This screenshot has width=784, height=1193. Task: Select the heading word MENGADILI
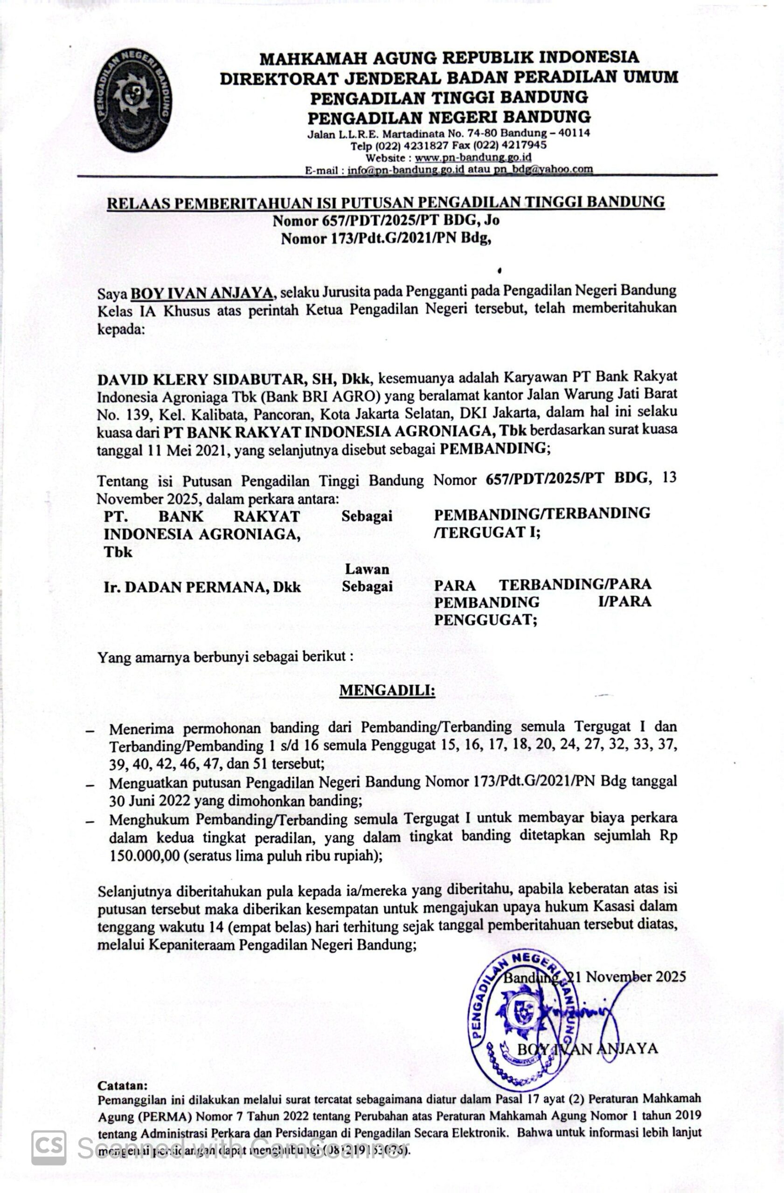point(387,691)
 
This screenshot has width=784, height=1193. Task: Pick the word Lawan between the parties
point(367,569)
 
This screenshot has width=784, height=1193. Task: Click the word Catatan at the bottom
point(122,1085)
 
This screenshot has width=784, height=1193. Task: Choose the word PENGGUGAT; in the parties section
point(486,621)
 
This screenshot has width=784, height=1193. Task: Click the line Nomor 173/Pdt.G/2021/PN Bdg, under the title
point(385,239)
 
